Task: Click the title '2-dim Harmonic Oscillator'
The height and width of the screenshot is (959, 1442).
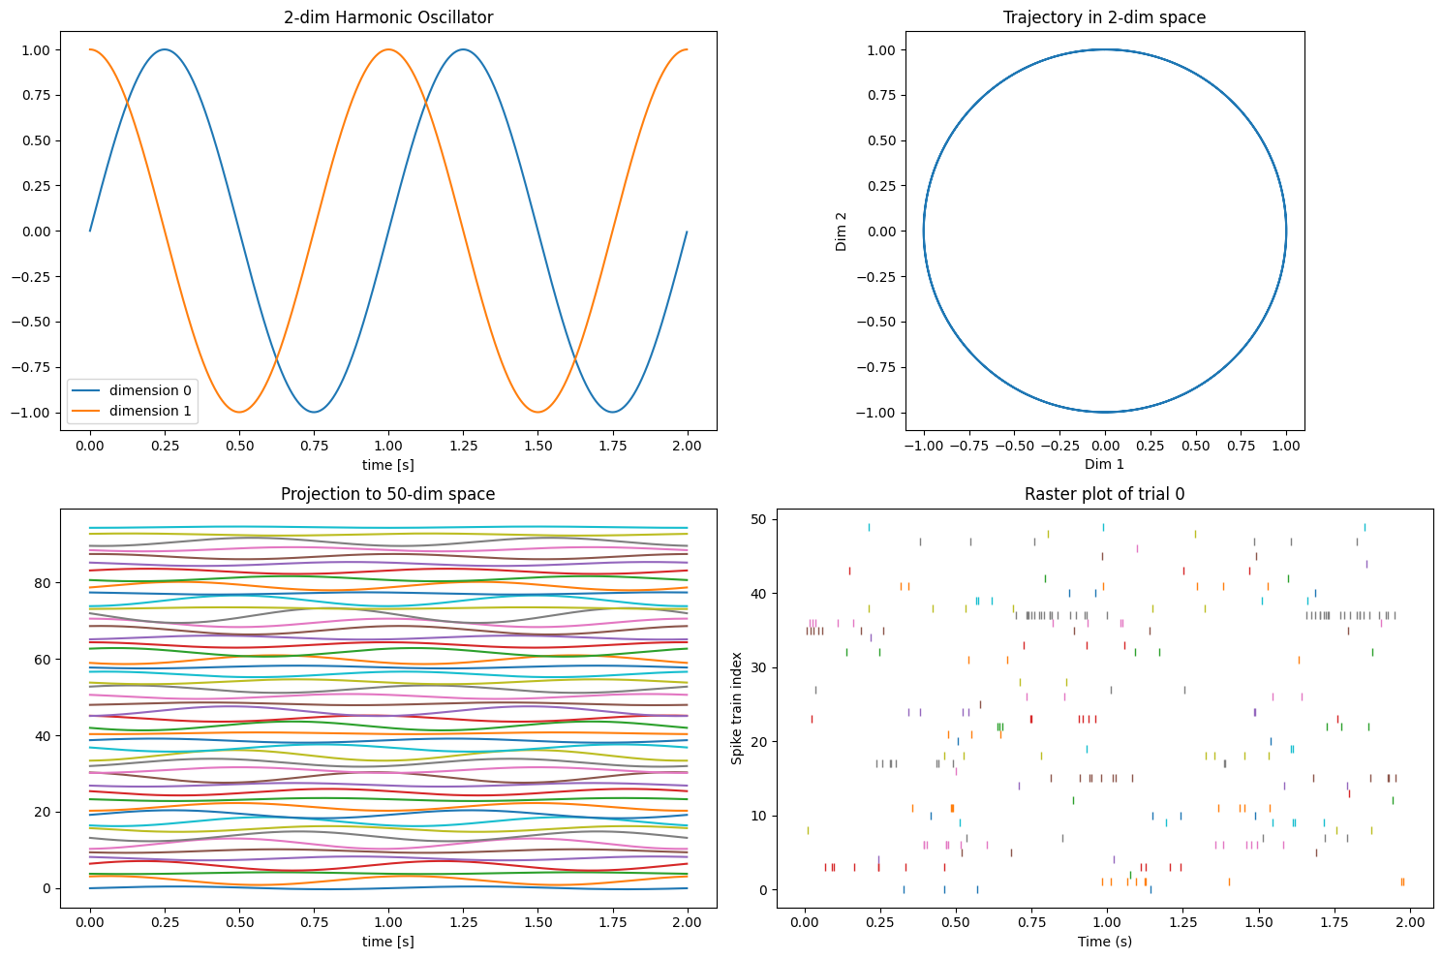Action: click(388, 17)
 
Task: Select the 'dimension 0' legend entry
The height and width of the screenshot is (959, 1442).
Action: click(150, 390)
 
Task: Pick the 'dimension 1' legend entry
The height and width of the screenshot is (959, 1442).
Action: click(150, 411)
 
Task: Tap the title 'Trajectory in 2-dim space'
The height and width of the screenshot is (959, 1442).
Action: click(1104, 17)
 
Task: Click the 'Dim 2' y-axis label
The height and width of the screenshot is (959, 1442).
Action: click(841, 232)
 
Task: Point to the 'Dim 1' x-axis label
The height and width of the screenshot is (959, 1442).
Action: click(1104, 464)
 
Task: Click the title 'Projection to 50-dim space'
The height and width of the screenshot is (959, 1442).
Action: click(388, 494)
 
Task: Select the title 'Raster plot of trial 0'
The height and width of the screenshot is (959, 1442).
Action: click(1104, 494)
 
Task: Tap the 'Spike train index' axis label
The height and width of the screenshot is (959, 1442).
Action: click(737, 708)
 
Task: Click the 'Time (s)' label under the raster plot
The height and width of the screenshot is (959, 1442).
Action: click(1104, 941)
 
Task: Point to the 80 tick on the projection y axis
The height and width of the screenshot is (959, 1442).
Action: click(43, 583)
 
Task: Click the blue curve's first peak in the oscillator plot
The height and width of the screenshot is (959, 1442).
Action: click(165, 49)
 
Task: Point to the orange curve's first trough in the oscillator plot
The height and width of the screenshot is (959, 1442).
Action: click(239, 412)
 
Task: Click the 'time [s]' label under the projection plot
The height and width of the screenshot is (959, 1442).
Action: click(388, 941)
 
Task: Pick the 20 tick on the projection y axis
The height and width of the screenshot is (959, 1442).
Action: click(43, 812)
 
